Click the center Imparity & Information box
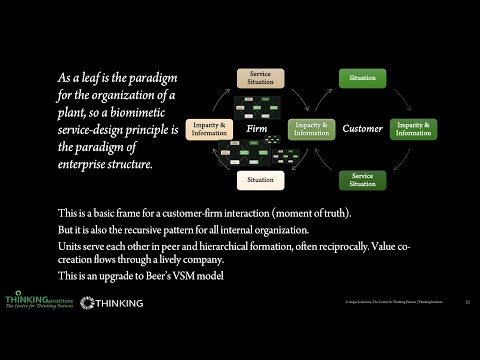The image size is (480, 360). (x=311, y=129)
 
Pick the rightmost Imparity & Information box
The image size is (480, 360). (x=413, y=129)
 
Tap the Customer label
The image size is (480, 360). (x=362, y=129)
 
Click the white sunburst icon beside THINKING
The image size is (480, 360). (x=89, y=301)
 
